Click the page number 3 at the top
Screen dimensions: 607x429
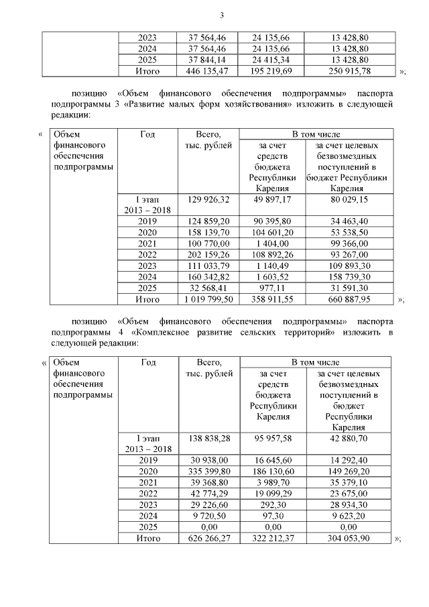[221, 16]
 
